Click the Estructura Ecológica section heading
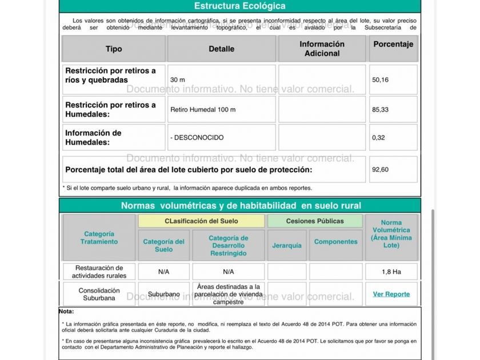coord(239,6)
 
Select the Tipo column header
coord(114,49)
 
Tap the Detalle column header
coord(221,49)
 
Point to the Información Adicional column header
coord(322,49)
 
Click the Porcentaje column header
coord(393,44)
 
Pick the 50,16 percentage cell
coord(381,80)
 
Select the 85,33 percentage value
coord(381,109)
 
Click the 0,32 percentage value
coord(378,138)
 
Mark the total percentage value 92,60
coord(381,170)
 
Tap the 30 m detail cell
coord(178,80)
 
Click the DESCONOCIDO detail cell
coord(197,138)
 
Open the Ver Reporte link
coord(391,294)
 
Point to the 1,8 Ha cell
coord(391,271)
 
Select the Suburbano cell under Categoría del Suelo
coord(163,294)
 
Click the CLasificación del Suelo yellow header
coord(201,221)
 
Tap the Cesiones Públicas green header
coord(315,221)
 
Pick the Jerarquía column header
coord(287,246)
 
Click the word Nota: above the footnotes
coord(66,311)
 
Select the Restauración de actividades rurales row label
coord(99,271)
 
